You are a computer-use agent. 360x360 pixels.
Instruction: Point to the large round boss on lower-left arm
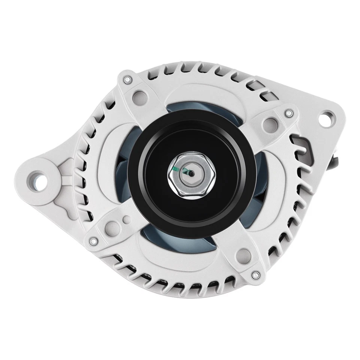click(111, 226)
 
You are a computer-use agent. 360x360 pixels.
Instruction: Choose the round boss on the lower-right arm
click(244, 255)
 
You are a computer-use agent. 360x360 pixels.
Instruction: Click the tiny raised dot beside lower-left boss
click(127, 220)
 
